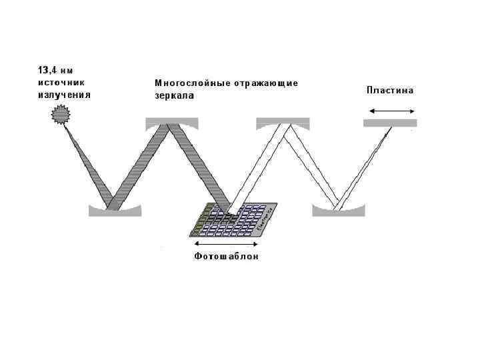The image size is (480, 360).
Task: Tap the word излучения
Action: point(63,95)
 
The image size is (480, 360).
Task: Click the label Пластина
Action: point(390,91)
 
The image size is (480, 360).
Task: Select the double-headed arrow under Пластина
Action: point(390,110)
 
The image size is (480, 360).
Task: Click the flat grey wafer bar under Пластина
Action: point(390,123)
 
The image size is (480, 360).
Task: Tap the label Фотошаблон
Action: point(226,256)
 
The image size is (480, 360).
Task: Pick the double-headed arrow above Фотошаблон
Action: point(226,243)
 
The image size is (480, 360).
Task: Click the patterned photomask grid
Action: point(230,220)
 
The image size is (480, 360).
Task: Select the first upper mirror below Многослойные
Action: point(171,122)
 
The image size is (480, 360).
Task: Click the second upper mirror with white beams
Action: point(283,122)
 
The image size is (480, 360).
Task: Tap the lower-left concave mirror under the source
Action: point(115,211)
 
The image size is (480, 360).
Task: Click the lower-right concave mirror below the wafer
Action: point(339,210)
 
